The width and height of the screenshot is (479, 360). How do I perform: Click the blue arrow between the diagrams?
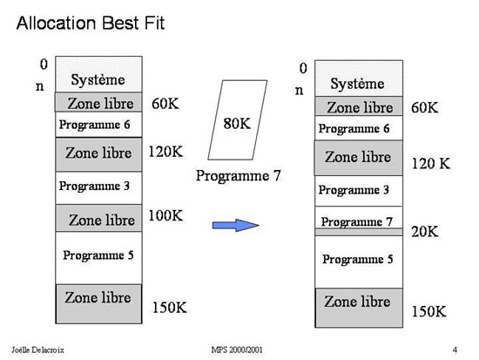pos(235,226)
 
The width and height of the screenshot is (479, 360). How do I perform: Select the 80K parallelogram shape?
pos(238,120)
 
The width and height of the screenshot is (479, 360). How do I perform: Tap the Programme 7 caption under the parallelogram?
pos(239,175)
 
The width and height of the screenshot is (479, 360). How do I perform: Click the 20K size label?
pos(425,232)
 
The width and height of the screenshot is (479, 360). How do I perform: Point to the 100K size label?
pos(165,215)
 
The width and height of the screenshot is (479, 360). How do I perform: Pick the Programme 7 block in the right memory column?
pos(359,217)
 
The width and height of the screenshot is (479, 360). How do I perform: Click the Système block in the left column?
pos(98,74)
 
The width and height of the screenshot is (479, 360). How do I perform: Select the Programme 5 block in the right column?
pos(359,262)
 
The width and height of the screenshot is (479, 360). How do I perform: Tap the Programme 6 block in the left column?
pos(98,125)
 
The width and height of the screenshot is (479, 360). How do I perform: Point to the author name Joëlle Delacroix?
pos(37,350)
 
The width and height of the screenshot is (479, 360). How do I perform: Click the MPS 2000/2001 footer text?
pos(237,350)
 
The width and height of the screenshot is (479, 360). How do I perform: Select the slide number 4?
pos(455,350)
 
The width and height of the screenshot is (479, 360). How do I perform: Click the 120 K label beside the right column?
pos(431,164)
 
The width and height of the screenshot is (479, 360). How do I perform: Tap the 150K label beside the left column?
pos(170,308)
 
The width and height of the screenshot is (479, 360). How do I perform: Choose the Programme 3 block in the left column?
pos(98,187)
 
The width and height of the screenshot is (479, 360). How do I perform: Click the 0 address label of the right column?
pos(303,68)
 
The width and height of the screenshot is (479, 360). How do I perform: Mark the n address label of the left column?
pos(40,86)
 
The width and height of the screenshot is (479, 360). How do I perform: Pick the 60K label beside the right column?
pos(425,108)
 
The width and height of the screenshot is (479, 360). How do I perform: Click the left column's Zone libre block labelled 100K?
pos(98,218)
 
